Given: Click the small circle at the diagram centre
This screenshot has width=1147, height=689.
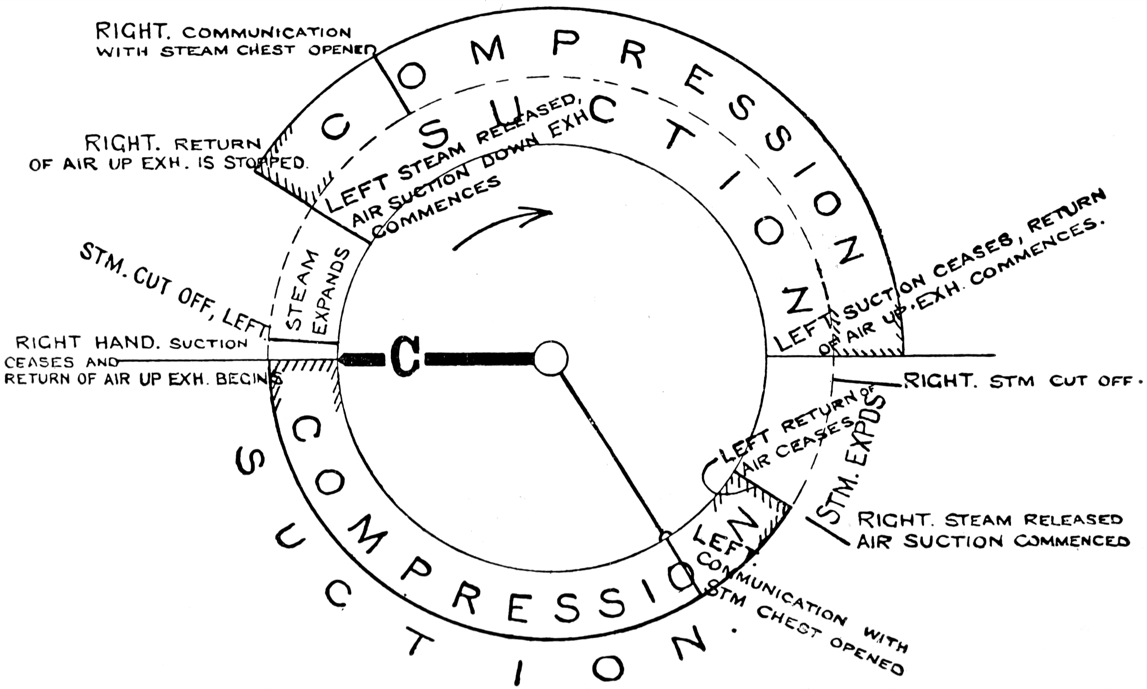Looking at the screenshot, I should point(551,358).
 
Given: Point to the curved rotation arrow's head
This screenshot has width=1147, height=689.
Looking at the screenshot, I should point(544,213).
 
